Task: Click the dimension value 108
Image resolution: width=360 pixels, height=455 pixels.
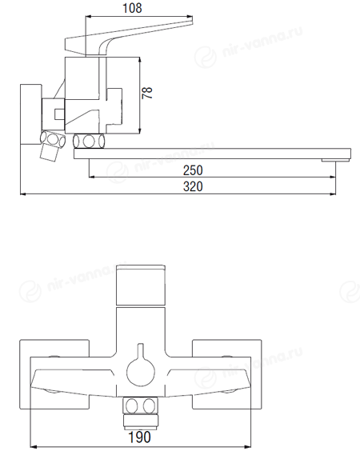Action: [x=132, y=8]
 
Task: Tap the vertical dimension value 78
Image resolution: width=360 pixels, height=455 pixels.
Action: [x=147, y=93]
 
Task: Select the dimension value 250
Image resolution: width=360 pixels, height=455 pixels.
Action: [x=193, y=170]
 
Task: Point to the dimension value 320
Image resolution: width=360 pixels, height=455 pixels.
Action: [x=193, y=186]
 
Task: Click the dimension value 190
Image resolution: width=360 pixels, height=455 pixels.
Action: [x=140, y=437]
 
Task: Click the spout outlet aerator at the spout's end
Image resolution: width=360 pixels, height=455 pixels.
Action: [x=335, y=160]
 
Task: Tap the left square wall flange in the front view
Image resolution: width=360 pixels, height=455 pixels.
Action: [x=54, y=374]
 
